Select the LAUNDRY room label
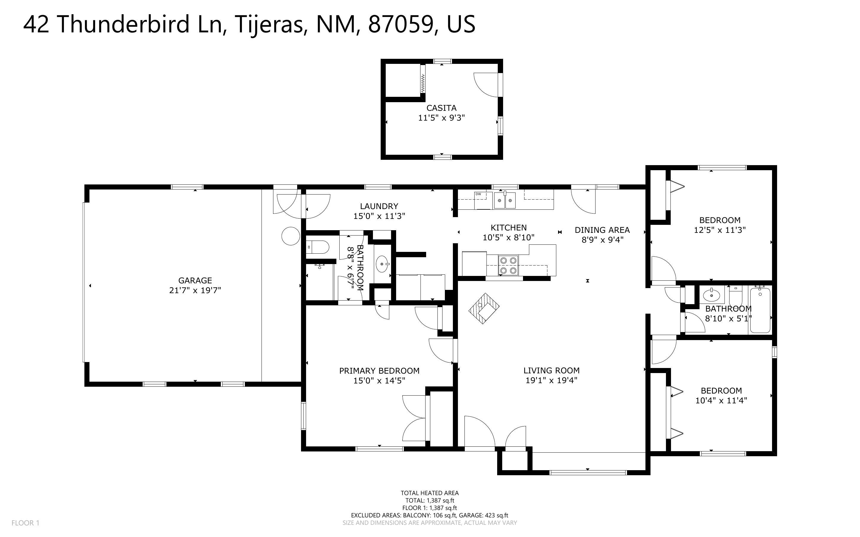379,206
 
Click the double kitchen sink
505,200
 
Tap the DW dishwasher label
478,194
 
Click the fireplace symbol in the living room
484,308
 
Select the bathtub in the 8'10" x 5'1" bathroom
760,310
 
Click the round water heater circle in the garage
291,236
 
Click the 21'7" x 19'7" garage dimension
195,290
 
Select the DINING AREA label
602,230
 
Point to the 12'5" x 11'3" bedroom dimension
720,230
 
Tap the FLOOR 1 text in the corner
26,523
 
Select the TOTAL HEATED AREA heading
430,493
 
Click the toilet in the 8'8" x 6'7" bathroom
318,247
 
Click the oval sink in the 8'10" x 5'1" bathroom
711,295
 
